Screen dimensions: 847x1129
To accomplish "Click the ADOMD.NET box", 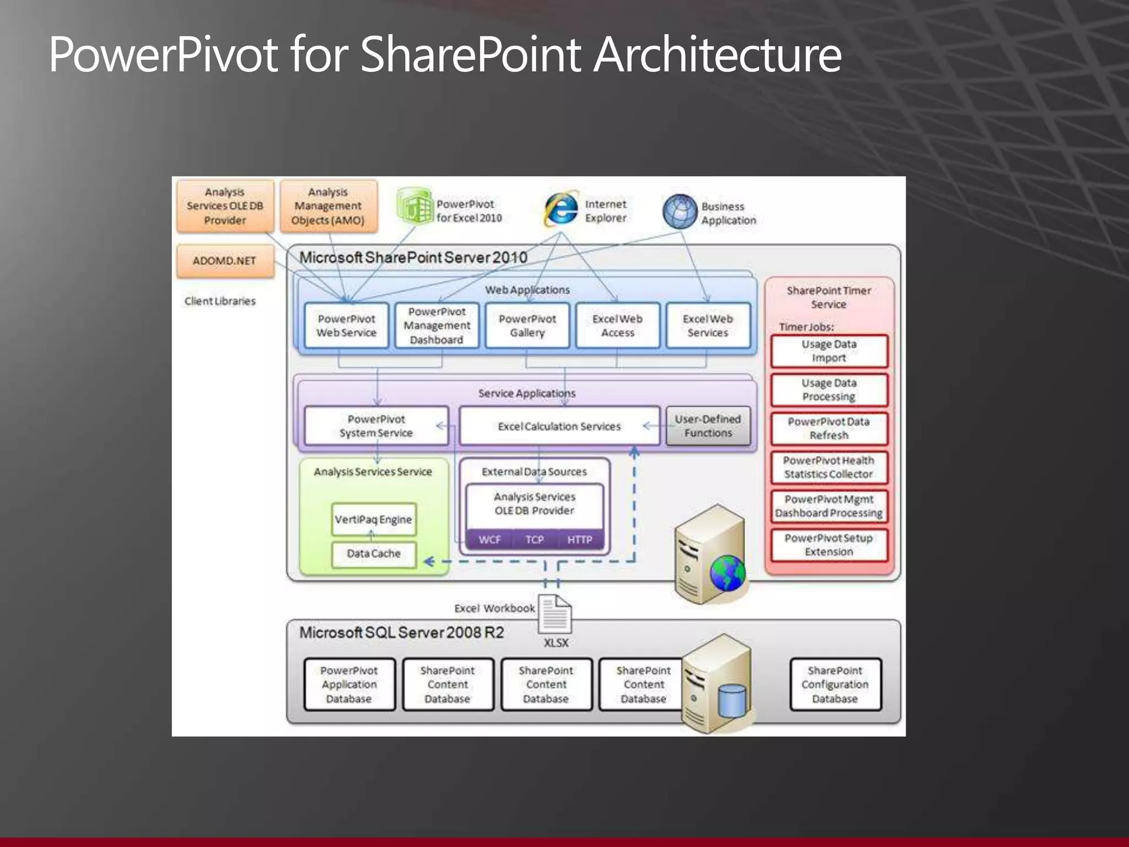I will [x=225, y=261].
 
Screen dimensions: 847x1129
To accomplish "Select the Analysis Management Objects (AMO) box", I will [x=329, y=206].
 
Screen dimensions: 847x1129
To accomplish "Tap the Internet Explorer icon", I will [x=561, y=210].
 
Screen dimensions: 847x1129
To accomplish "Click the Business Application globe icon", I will [x=680, y=212].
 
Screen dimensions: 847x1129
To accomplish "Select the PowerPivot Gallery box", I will [x=527, y=325].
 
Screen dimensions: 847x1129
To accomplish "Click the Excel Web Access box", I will [x=617, y=325].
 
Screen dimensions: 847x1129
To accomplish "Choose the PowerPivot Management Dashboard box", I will [x=437, y=325].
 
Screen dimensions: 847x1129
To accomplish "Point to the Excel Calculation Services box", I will [x=559, y=426].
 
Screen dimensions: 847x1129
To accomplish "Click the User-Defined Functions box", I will [x=708, y=426].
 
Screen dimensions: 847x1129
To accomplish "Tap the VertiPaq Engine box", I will [x=373, y=519].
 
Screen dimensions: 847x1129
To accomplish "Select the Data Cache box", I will [x=373, y=554].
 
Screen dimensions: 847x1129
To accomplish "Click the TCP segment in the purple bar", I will [x=534, y=539].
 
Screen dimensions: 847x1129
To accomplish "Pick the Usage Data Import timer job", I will [x=829, y=351].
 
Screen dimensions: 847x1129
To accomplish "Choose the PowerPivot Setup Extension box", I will [x=829, y=545].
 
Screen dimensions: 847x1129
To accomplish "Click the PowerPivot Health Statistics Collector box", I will [x=829, y=468].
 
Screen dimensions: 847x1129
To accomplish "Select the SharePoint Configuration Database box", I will [x=835, y=684].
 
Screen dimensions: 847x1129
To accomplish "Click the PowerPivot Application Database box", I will [x=349, y=684].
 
